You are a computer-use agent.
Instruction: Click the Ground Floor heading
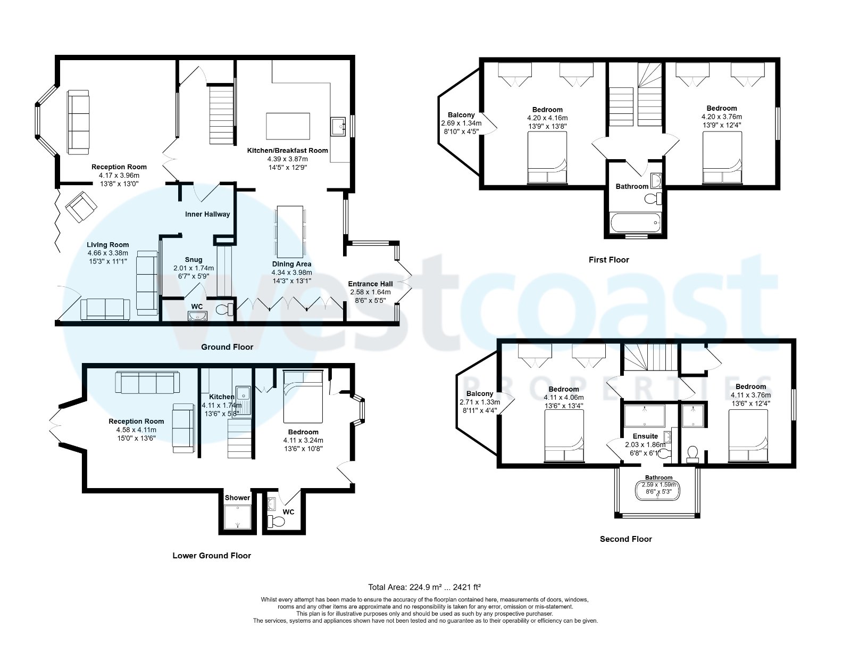tap(227, 347)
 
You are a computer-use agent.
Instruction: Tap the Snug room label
tap(194, 260)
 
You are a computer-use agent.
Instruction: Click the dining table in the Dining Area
tap(290, 230)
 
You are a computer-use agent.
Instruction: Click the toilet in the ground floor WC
tap(226, 309)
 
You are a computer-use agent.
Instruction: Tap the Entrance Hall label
tap(370, 284)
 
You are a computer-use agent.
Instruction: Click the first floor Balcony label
tap(461, 115)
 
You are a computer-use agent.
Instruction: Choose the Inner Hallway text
tap(207, 214)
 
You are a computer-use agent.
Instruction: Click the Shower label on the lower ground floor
tap(237, 498)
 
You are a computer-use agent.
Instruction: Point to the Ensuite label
tap(645, 436)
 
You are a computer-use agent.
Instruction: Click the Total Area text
tap(424, 587)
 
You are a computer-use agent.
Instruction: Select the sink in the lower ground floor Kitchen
tap(244, 394)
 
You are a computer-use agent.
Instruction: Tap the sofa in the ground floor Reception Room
tap(79, 122)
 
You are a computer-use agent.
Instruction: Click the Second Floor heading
tap(625, 539)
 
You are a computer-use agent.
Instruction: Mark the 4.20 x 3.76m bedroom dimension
tap(722, 117)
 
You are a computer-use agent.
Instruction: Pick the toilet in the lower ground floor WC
tap(276, 520)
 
